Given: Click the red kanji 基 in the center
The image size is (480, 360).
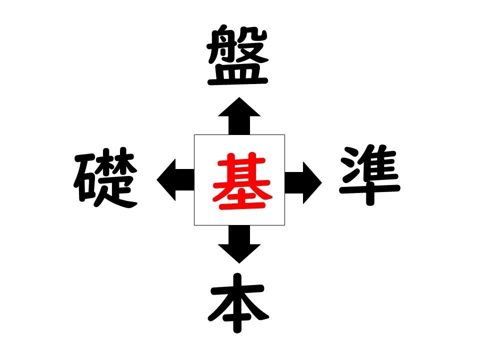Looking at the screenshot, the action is [242, 180].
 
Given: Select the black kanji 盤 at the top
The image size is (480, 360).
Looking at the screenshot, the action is [238, 55].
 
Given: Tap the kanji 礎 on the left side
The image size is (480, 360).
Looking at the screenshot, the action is [105, 177].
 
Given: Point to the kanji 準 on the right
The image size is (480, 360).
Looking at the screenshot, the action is [370, 175].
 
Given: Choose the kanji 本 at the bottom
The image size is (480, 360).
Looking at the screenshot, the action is [238, 303].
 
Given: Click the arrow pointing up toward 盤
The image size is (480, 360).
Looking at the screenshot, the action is [239, 116].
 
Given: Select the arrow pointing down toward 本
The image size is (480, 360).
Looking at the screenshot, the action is [239, 244].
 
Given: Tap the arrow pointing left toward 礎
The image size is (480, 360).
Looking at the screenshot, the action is [175, 180].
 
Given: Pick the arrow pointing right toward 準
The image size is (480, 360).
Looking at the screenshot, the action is [303, 183].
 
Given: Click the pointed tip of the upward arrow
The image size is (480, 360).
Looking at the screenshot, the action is [239, 97].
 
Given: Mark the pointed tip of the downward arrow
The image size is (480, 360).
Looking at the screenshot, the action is [239, 263].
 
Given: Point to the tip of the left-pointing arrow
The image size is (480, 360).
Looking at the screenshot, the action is [156, 180].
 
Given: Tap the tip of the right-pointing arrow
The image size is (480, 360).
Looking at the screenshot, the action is [322, 183].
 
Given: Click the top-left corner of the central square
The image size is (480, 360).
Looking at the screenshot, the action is [194, 134].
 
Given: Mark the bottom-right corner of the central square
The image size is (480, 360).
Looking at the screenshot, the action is [284, 225].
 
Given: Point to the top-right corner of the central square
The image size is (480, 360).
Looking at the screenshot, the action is [284, 134].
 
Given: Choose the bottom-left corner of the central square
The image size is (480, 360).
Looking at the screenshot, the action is [194, 225].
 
